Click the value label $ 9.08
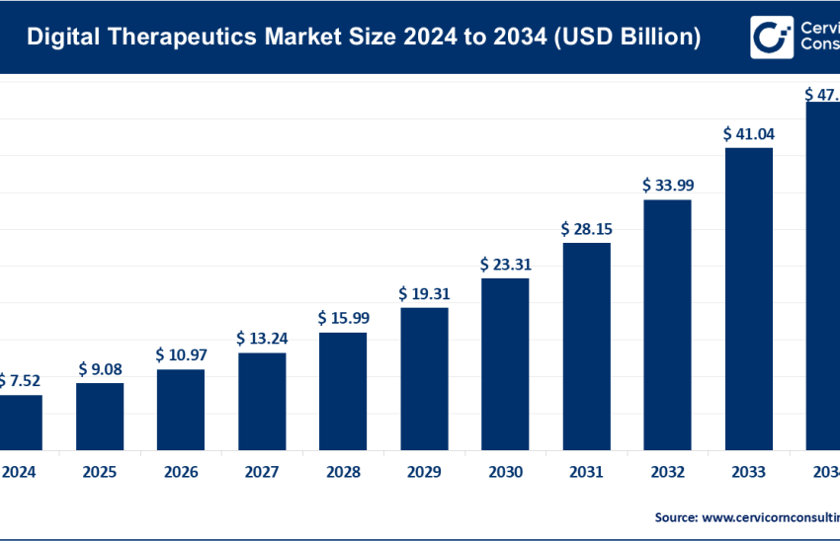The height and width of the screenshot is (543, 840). (100, 370)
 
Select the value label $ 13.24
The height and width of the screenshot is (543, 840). (262, 339)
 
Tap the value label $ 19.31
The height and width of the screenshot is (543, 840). (424, 294)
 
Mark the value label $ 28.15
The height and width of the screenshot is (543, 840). (586, 229)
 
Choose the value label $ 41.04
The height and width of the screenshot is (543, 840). (748, 133)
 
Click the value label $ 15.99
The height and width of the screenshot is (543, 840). (343, 318)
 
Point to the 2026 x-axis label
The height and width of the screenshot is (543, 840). (181, 472)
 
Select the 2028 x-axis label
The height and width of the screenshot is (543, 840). (343, 472)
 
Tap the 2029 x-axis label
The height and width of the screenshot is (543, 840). (424, 472)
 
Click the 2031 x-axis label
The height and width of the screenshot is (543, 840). (586, 472)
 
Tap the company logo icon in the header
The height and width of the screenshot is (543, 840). (771, 37)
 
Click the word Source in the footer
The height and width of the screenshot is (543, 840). (675, 516)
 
